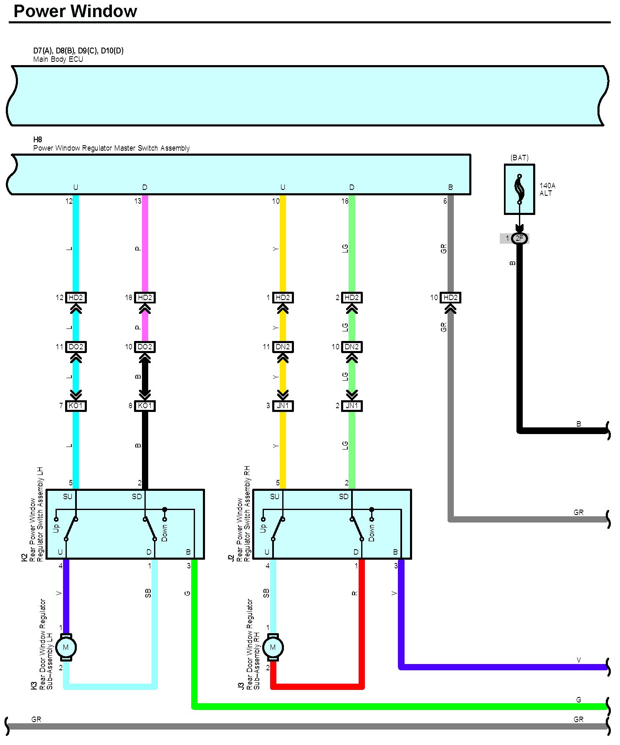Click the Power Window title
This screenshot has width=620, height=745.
75,11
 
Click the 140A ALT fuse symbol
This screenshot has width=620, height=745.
519,189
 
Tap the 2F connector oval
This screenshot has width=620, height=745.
519,238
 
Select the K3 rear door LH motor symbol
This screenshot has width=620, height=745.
66,647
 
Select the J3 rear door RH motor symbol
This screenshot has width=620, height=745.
273,647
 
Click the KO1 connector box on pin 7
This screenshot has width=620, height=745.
76,406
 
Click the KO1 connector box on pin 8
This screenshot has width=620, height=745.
145,406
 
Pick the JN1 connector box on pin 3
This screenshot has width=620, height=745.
283,406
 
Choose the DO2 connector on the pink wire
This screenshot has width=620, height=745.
145,347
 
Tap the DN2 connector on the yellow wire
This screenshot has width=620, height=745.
283,347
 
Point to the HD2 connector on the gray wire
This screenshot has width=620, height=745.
450,298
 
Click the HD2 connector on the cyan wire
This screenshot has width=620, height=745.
76,298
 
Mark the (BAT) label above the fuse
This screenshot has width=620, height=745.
519,158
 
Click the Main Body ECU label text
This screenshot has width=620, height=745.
58,59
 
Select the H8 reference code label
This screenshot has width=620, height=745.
38,139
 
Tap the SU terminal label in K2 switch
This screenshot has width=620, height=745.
68,497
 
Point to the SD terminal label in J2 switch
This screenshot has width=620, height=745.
344,497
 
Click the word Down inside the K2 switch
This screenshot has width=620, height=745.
164,533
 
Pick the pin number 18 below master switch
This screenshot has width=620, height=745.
344,201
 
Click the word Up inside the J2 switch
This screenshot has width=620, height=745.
263,528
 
